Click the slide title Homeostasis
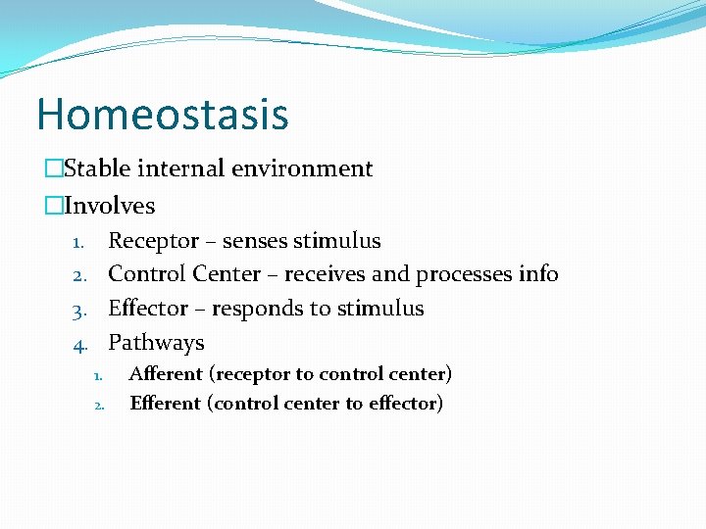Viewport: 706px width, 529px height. (163, 114)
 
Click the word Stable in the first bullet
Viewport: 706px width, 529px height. (96, 168)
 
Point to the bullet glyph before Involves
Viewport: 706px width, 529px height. (53, 206)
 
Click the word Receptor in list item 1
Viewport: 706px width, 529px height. (152, 241)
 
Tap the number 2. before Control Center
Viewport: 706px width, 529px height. (82, 275)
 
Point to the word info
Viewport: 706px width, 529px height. (538, 274)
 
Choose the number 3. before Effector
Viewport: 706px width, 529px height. (82, 310)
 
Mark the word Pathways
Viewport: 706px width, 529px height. (156, 343)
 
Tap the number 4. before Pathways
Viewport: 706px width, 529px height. (82, 344)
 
